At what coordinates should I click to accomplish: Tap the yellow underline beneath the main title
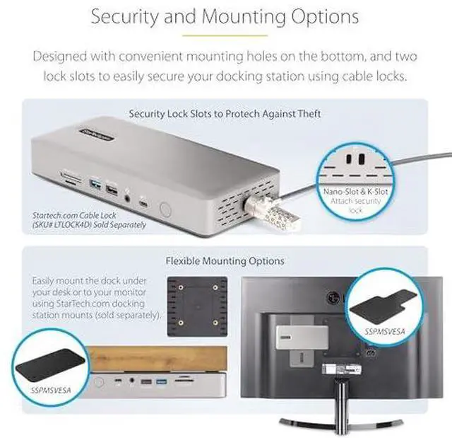225,34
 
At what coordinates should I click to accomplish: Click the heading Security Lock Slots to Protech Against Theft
225,113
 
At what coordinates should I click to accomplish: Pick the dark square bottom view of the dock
196,306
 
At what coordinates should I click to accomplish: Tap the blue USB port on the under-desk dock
161,383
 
